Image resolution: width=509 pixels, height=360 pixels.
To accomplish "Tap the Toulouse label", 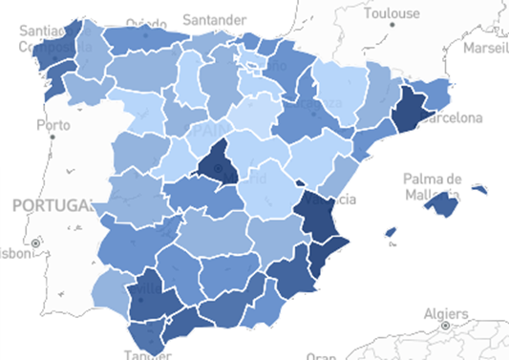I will pos(391,13).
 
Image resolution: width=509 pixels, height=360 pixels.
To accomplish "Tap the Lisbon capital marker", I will pos(36,244).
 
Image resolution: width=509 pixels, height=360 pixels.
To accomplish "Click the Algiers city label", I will pos(446,313).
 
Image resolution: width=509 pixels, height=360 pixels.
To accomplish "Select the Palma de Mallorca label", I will pos(433,186).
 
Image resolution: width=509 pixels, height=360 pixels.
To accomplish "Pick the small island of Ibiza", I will pos(391,232).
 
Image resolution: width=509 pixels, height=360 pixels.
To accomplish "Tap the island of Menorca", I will pos(478,190).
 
